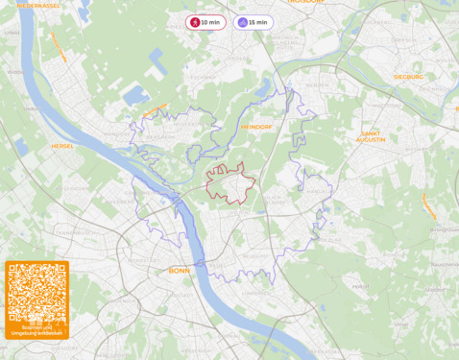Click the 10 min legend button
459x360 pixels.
click(x=206, y=22)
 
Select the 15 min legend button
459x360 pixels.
click(x=253, y=22)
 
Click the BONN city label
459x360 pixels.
click(x=179, y=270)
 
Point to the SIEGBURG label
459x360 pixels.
click(x=408, y=76)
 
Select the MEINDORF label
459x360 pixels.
click(x=257, y=126)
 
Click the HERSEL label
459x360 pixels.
click(x=63, y=146)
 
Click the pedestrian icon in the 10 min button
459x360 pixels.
click(x=195, y=22)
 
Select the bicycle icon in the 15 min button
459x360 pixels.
click(x=242, y=22)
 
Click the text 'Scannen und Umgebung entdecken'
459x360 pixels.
click(x=36, y=331)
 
